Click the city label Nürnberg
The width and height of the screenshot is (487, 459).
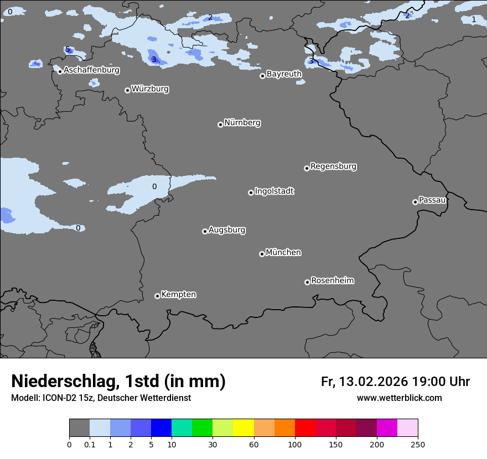[242, 123]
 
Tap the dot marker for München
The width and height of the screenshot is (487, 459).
[262, 254]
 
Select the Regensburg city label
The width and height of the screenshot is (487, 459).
[333, 166]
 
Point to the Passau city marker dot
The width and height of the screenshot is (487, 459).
[415, 202]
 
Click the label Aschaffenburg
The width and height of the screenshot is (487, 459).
[91, 70]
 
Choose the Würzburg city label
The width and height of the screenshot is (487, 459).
[150, 89]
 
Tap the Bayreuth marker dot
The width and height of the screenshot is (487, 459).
[262, 76]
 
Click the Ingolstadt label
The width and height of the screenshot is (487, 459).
[274, 191]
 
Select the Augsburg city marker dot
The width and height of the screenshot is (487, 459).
[205, 231]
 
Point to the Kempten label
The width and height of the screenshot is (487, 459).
[178, 295]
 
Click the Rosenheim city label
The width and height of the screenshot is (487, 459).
[332, 281]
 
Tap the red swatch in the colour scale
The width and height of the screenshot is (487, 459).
[305, 428]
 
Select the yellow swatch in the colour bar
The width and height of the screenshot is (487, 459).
[244, 428]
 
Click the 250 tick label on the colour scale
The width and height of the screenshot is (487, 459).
[418, 445]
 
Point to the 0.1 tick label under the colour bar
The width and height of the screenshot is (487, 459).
[90, 445]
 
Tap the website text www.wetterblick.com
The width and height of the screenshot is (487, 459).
[399, 398]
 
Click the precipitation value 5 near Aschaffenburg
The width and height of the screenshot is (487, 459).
[68, 50]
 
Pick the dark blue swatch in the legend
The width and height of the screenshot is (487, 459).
[161, 428]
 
